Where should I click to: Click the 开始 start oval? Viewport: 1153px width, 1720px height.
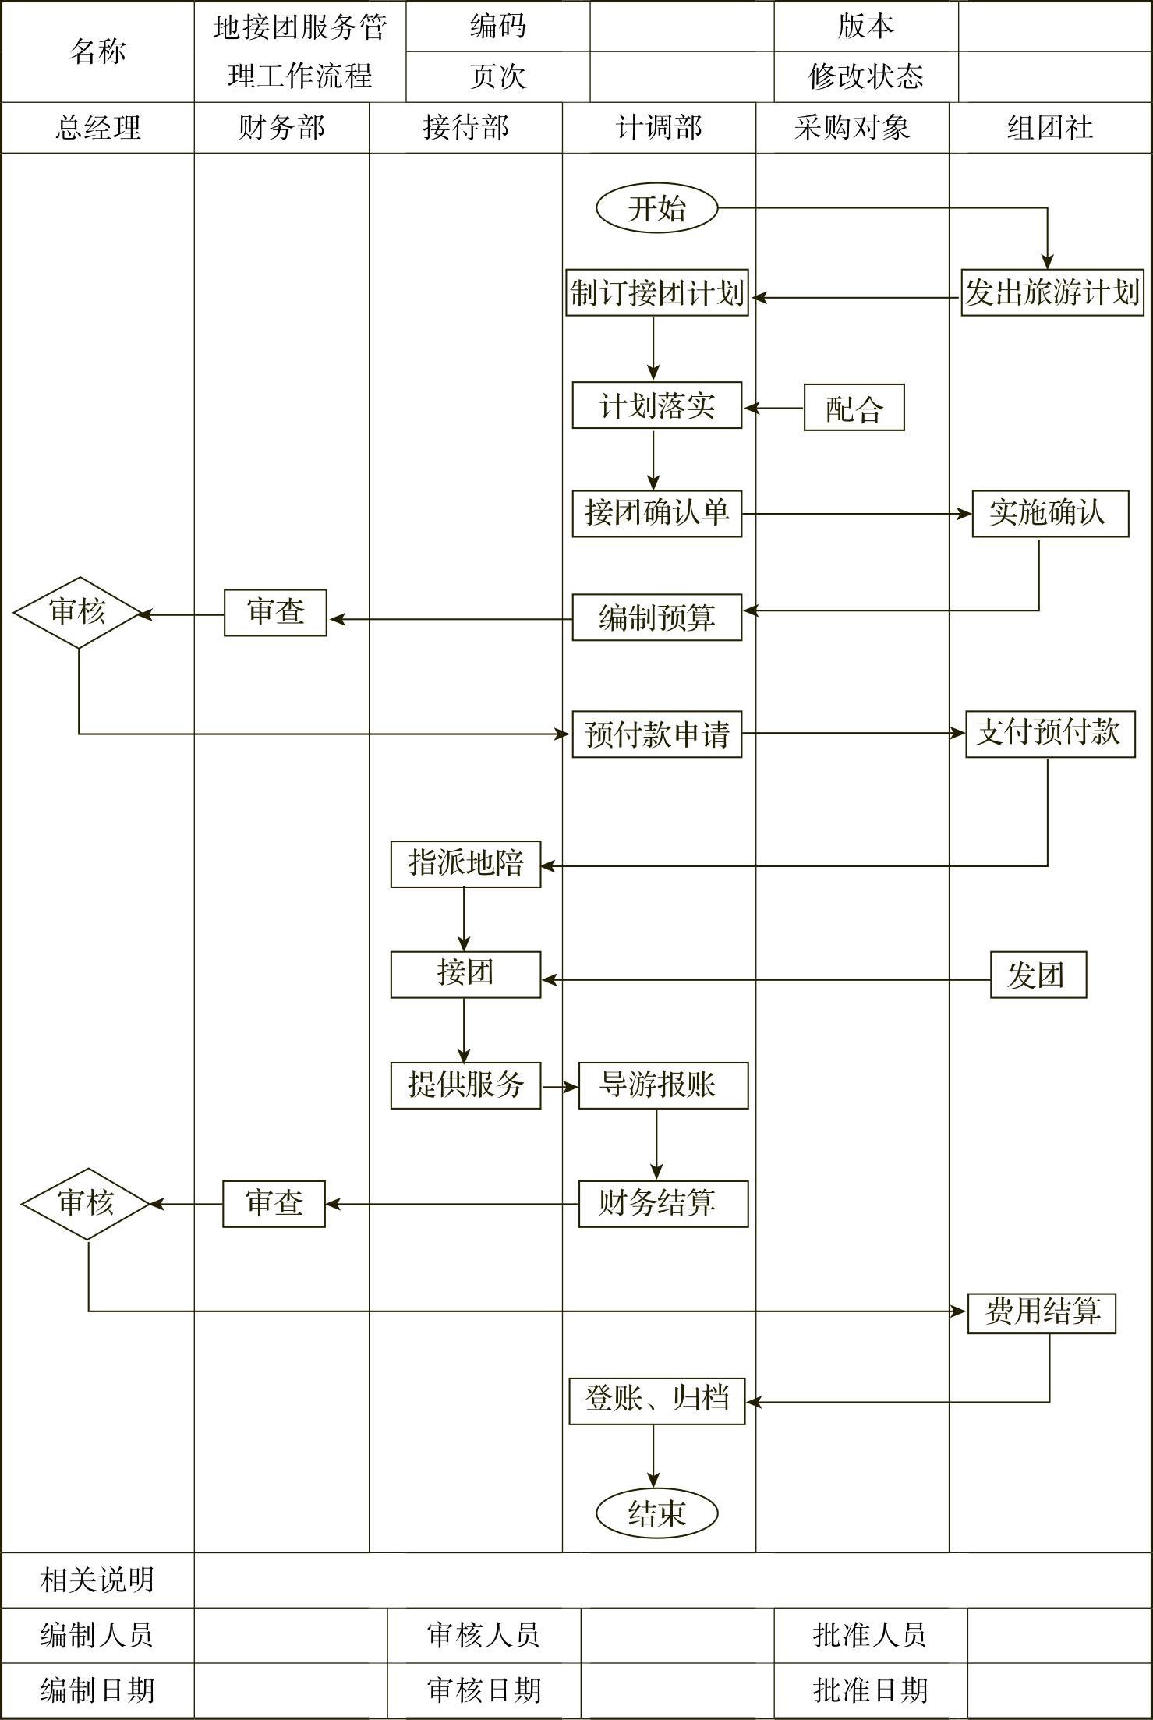coord(656,209)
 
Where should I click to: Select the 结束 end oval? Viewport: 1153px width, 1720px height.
coord(656,1513)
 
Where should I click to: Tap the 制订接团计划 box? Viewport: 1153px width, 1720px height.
coord(657,293)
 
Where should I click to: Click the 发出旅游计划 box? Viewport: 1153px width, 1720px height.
coord(1052,293)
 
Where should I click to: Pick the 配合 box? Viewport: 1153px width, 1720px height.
coord(854,408)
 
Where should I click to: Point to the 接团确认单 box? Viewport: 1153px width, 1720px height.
coord(656,514)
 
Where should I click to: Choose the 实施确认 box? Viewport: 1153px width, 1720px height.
coord(1049,514)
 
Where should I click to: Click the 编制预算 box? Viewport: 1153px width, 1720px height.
coord(656,618)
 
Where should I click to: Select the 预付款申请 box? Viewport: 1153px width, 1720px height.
coord(656,734)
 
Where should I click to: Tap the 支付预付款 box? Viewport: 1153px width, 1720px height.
coord(1049,734)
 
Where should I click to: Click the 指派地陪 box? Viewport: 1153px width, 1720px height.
coord(465,864)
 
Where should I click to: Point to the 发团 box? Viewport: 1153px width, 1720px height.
coord(1038,975)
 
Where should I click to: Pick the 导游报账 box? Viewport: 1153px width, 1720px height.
coord(663,1085)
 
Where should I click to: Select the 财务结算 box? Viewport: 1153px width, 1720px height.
coord(663,1204)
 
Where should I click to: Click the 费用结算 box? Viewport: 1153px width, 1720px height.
coord(1042,1313)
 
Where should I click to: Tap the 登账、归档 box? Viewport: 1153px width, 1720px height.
coord(656,1401)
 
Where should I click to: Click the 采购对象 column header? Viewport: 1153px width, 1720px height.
coord(852,128)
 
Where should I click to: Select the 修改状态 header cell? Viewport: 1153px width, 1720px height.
coord(865,76)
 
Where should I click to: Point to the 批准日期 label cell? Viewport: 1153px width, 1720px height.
coord(870,1690)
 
